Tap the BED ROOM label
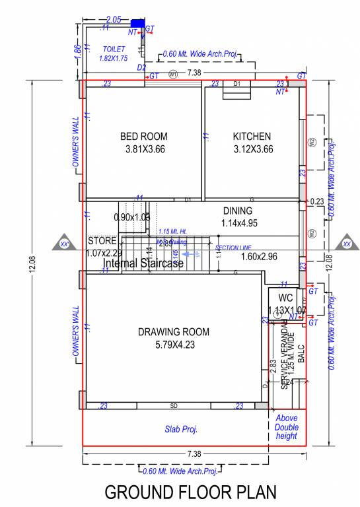pos(143,137)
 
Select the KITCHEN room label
pos(252,137)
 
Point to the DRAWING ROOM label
pos(174,332)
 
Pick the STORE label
pos(102,241)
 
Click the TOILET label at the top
pos(113,50)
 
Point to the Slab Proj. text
pos(181,429)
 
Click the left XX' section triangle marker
pos(65,244)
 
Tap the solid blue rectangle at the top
pos(137,23)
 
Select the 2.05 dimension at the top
pos(113,20)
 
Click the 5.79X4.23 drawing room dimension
pos(174,344)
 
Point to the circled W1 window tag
pos(174,73)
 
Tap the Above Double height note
pos(286,427)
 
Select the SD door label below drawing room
pos(174,405)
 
